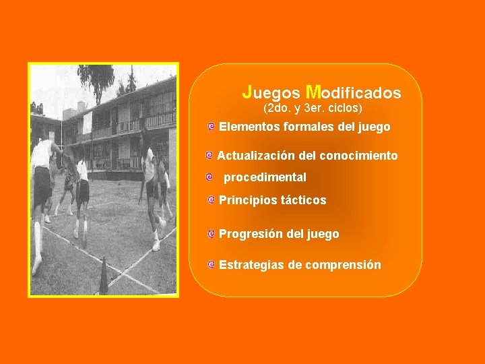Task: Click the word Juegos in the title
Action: tap(271, 92)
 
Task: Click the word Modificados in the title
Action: tap(353, 92)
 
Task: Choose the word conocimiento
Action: tap(358, 156)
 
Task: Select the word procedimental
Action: tap(265, 177)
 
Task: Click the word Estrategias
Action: tap(251, 265)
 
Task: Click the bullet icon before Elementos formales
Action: tap(212, 127)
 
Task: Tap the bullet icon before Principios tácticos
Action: tap(212, 200)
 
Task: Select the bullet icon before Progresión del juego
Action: tap(212, 234)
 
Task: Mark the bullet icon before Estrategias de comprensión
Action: tap(212, 265)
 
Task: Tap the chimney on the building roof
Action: tap(82, 107)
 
